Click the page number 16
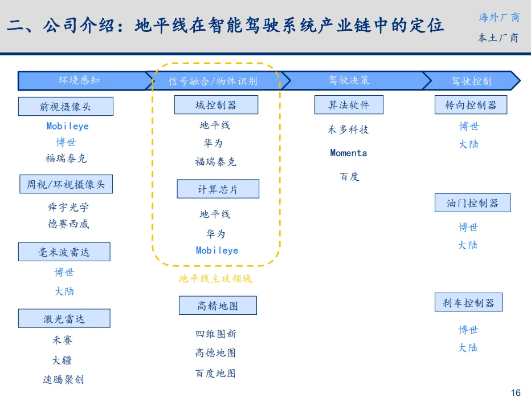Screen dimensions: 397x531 pyautogui.click(x=516, y=392)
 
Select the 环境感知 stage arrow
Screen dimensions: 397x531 pyautogui.click(x=80, y=80)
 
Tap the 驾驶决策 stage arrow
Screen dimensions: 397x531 pyautogui.click(x=349, y=80)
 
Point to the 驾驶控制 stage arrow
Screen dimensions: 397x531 pyautogui.click(x=471, y=81)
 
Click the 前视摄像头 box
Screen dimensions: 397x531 pyautogui.click(x=66, y=107)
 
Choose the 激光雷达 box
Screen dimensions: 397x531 pyautogui.click(x=64, y=319)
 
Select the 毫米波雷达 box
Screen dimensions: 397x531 pyautogui.click(x=64, y=252)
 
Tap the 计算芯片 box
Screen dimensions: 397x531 pyautogui.click(x=218, y=189)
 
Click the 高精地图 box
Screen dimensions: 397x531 pyautogui.click(x=218, y=305)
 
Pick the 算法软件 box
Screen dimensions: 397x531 pyautogui.click(x=349, y=105)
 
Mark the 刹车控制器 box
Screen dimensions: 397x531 pyautogui.click(x=468, y=303)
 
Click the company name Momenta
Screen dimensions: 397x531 pyautogui.click(x=349, y=153)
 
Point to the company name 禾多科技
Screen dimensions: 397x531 pyautogui.click(x=349, y=130)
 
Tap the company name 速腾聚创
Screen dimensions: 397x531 pyautogui.click(x=64, y=379)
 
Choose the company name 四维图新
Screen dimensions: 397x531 pyautogui.click(x=216, y=334)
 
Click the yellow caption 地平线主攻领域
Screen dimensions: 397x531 pyautogui.click(x=215, y=279)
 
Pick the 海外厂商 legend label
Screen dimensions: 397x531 pyautogui.click(x=499, y=18)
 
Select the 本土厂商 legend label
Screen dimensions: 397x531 pyautogui.click(x=499, y=38)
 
